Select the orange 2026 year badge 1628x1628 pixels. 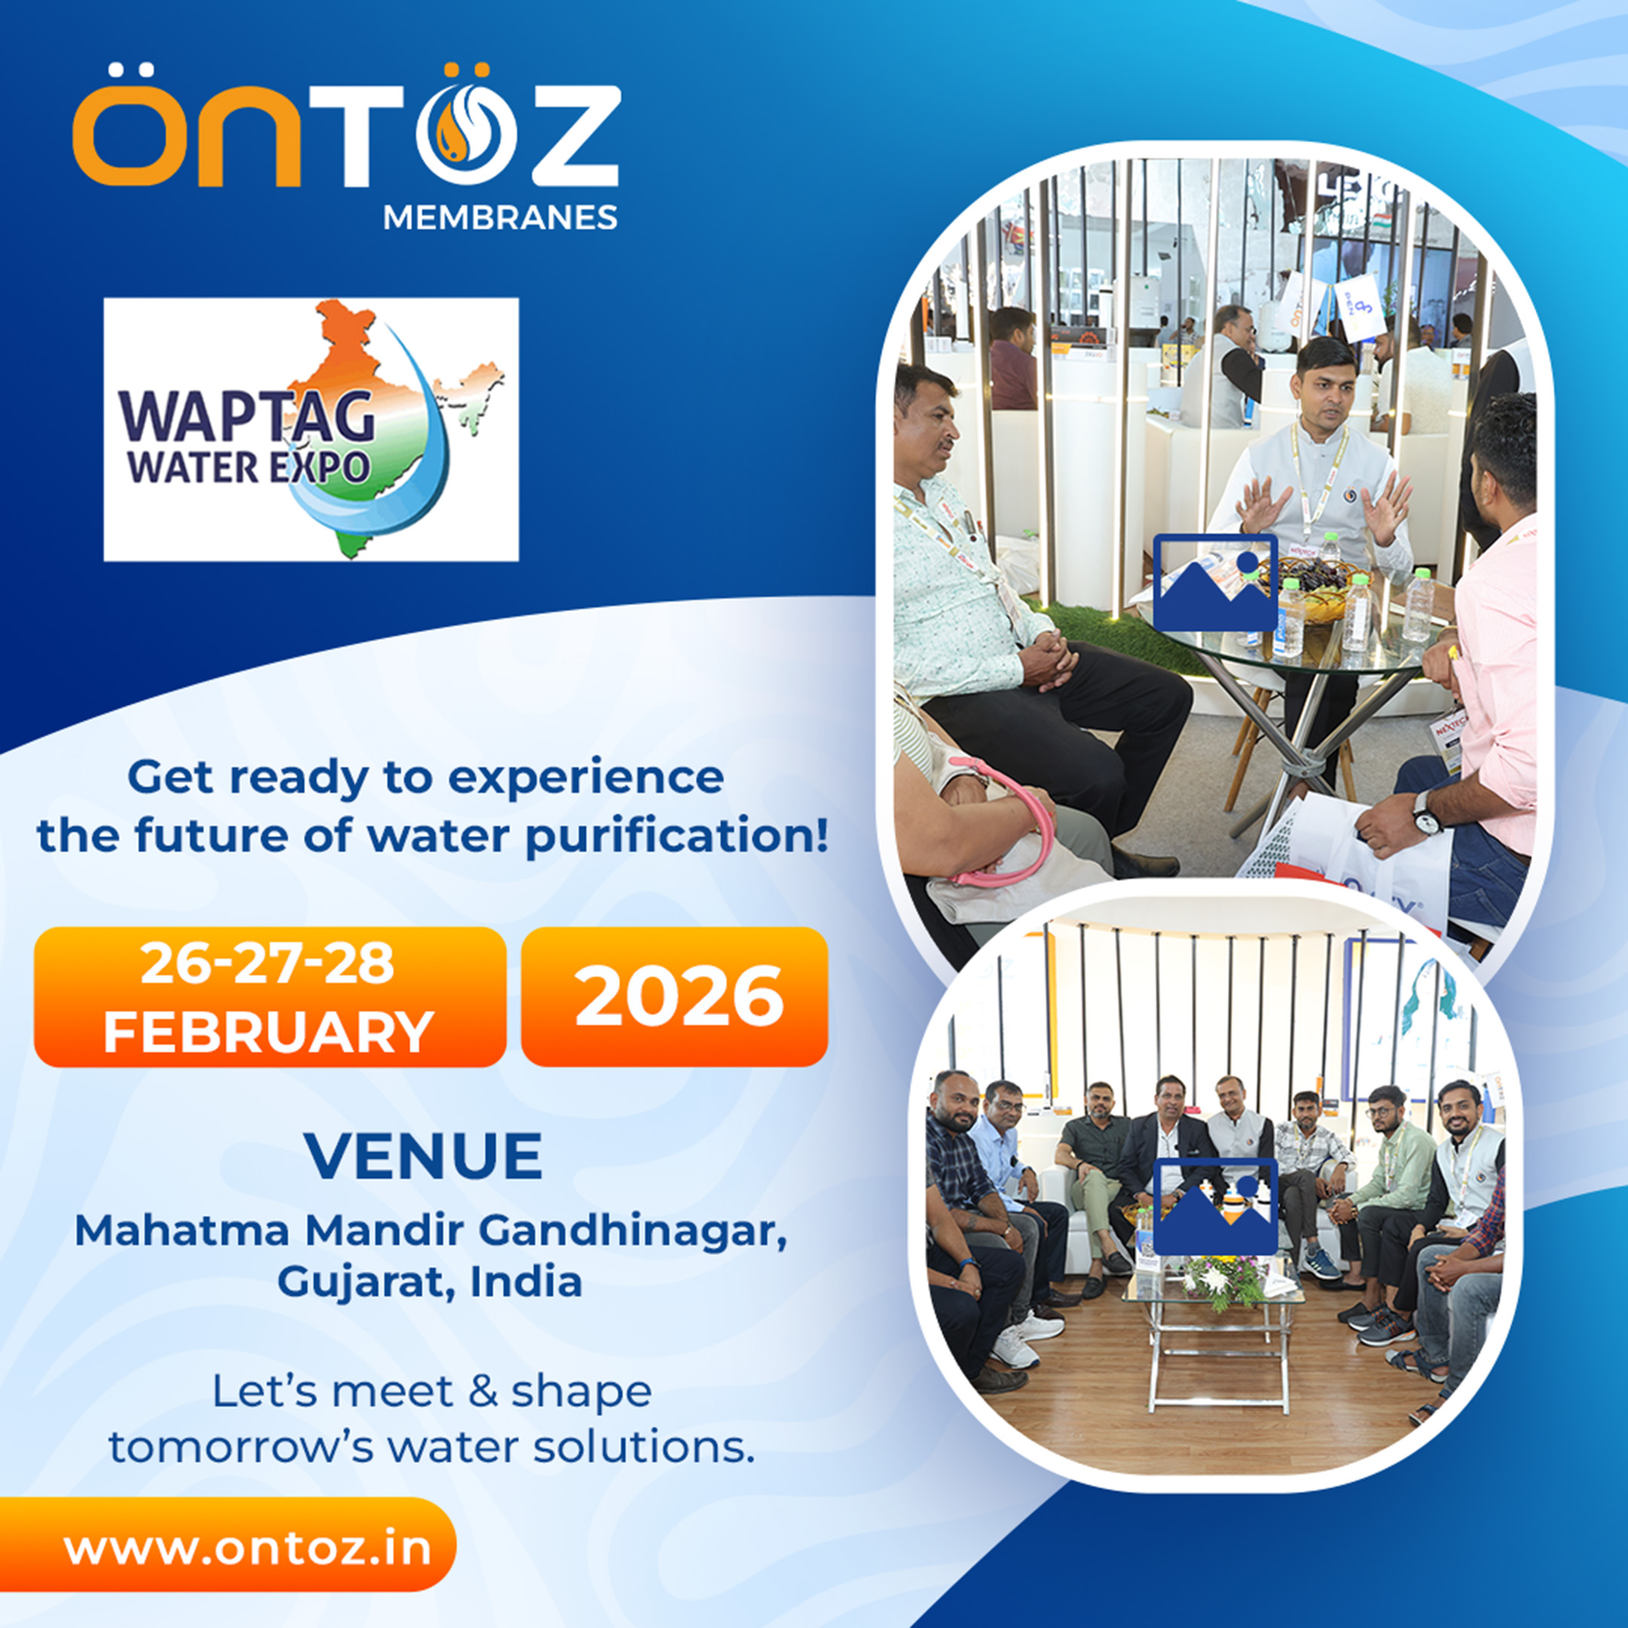[x=674, y=997]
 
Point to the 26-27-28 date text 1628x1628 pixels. [x=268, y=963]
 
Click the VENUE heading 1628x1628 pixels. [x=423, y=1157]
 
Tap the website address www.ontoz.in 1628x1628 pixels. [x=248, y=1549]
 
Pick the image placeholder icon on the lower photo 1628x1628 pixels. [x=1215, y=1207]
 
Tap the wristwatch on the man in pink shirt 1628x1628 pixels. [x=1424, y=814]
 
